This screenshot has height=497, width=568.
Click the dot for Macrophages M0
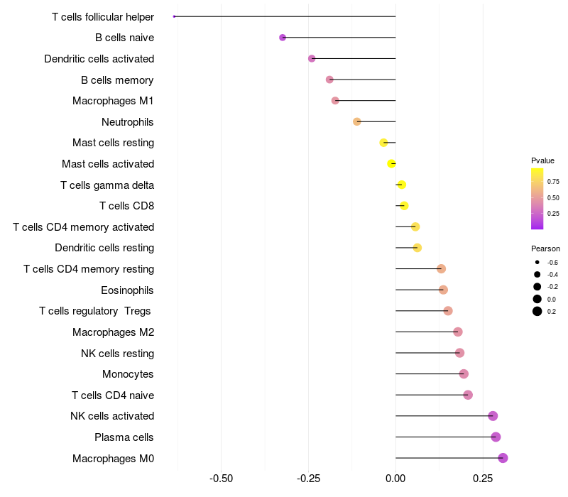pyautogui.click(x=503, y=458)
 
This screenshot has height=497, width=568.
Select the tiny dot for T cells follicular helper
pyautogui.click(x=174, y=16)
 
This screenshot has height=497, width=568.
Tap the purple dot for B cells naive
pyautogui.click(x=283, y=37)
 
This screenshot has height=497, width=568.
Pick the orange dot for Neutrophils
pyautogui.click(x=357, y=121)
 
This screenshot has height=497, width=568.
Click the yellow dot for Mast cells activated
pyautogui.click(x=391, y=164)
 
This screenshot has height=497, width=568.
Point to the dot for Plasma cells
pyautogui.click(x=496, y=437)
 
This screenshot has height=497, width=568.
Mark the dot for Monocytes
pyautogui.click(x=464, y=374)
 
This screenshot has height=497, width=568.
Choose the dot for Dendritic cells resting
pyautogui.click(x=417, y=248)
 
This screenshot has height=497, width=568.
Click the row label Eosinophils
pyautogui.click(x=127, y=290)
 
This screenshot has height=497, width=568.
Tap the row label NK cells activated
pyautogui.click(x=112, y=416)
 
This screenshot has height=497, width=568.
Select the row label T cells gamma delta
pyautogui.click(x=107, y=185)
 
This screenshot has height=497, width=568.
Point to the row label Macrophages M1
pyautogui.click(x=113, y=101)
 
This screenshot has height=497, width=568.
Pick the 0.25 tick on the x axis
pyautogui.click(x=483, y=478)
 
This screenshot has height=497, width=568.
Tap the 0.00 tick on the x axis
pyautogui.click(x=395, y=478)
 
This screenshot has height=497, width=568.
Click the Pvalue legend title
pyautogui.click(x=542, y=160)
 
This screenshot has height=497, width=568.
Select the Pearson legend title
pyautogui.click(x=545, y=248)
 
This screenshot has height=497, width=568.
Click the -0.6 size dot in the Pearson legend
pyautogui.click(x=537, y=263)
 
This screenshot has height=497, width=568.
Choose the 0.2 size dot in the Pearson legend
pyautogui.click(x=537, y=311)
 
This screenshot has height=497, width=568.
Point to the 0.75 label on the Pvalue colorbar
pyautogui.click(x=553, y=181)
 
